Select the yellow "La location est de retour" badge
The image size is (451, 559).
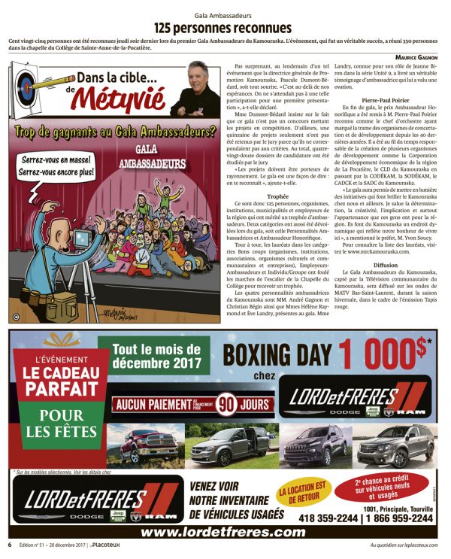pyautogui.click(x=304, y=494)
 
